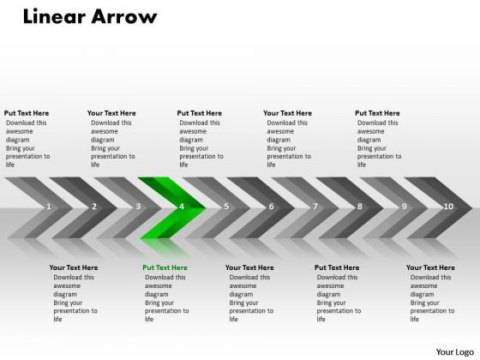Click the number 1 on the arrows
(x=49, y=207)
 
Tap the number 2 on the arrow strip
(x=93, y=207)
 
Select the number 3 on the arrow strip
(x=138, y=207)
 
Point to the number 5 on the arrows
(x=226, y=207)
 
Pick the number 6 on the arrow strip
(x=271, y=207)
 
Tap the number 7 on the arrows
(x=315, y=207)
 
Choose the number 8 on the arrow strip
(x=359, y=207)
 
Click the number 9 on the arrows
(x=404, y=207)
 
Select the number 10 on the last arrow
(x=448, y=207)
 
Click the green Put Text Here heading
(x=165, y=267)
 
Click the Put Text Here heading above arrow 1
(x=27, y=113)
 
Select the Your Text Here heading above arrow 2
(x=111, y=113)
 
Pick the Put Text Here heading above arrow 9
(x=377, y=113)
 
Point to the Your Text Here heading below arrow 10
(x=430, y=267)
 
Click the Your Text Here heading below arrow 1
(x=74, y=267)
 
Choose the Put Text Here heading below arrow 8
(x=337, y=267)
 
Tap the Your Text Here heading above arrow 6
(x=287, y=113)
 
